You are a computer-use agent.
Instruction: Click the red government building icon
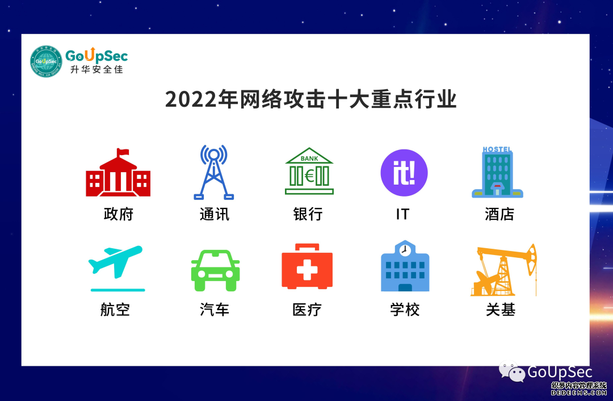click(x=118, y=173)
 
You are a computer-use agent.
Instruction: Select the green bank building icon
click(x=309, y=172)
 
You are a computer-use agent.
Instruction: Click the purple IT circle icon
click(x=404, y=173)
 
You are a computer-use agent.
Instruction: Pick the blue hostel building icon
click(x=497, y=172)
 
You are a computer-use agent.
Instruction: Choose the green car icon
click(x=215, y=270)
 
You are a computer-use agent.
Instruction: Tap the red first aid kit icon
click(x=307, y=267)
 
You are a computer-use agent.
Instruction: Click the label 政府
click(x=118, y=214)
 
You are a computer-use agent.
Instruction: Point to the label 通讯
click(x=214, y=214)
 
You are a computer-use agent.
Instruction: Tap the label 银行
click(x=308, y=214)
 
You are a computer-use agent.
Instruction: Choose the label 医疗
click(x=307, y=310)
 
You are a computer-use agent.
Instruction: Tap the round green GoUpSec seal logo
click(x=46, y=61)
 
